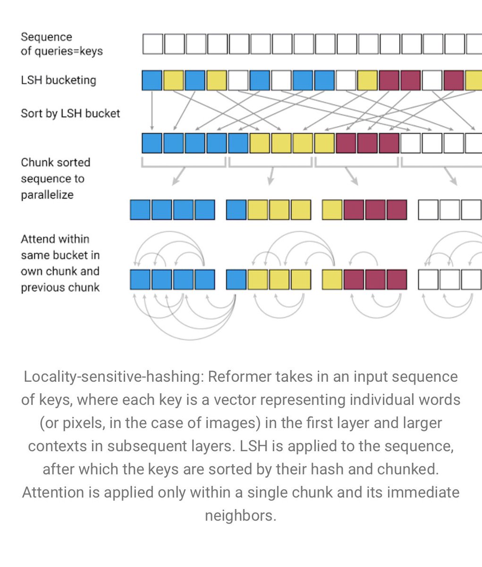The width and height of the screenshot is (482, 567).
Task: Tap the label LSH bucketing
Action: click(58, 80)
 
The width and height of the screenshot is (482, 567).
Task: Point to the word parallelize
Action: click(47, 195)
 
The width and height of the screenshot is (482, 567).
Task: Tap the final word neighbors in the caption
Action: click(240, 515)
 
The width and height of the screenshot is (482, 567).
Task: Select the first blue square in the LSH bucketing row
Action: click(152, 80)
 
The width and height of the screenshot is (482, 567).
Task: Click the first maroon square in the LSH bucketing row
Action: click(389, 80)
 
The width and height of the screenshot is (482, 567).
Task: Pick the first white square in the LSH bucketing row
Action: click(238, 80)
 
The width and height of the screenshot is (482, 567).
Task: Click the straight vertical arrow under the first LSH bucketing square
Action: click(152, 111)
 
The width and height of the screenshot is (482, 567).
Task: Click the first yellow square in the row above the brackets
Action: click(260, 143)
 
